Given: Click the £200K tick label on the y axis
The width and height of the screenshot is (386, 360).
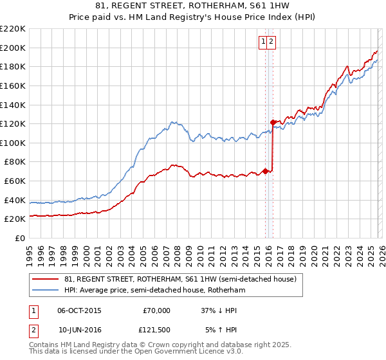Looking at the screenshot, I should [x=13, y=48].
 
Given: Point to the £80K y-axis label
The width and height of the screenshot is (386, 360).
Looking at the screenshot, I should [x=15, y=162].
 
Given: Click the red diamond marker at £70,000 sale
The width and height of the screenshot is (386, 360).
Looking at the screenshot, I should [x=265, y=171].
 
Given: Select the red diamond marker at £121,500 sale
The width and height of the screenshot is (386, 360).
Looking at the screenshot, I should [x=273, y=122].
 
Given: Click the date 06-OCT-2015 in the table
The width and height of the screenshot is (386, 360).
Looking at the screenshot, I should [x=79, y=310].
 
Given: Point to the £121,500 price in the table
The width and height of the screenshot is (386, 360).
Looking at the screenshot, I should [x=156, y=330].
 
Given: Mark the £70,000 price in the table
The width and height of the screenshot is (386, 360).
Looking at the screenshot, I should [x=156, y=310].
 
